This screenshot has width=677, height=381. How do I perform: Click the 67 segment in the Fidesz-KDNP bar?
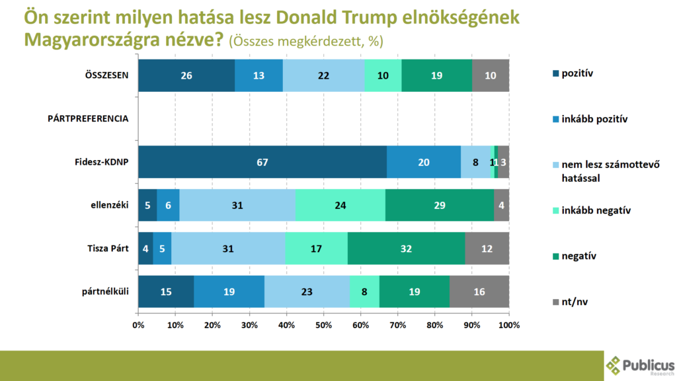(x=262, y=162)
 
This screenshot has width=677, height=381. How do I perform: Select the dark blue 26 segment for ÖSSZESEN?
(x=186, y=75)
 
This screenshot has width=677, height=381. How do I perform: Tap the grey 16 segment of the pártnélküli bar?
(x=479, y=292)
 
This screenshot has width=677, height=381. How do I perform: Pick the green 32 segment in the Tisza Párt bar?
(x=406, y=249)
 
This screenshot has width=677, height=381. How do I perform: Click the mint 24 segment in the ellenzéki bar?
(x=340, y=206)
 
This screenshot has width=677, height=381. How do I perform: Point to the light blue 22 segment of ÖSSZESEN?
(x=323, y=75)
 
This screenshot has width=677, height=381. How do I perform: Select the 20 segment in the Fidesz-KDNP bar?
(x=424, y=162)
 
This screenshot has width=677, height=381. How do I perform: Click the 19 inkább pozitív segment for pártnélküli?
(x=229, y=292)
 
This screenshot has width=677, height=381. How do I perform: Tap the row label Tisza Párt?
(x=107, y=249)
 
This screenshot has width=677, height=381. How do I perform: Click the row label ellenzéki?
(x=109, y=206)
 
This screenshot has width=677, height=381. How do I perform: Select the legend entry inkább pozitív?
(x=593, y=119)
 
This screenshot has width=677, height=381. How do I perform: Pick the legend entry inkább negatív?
(x=594, y=210)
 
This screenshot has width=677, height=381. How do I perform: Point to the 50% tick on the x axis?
(x=323, y=325)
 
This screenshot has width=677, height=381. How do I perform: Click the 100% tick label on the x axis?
(x=508, y=325)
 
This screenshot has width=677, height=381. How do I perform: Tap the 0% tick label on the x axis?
(x=138, y=325)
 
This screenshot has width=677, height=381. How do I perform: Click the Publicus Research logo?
(x=639, y=365)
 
